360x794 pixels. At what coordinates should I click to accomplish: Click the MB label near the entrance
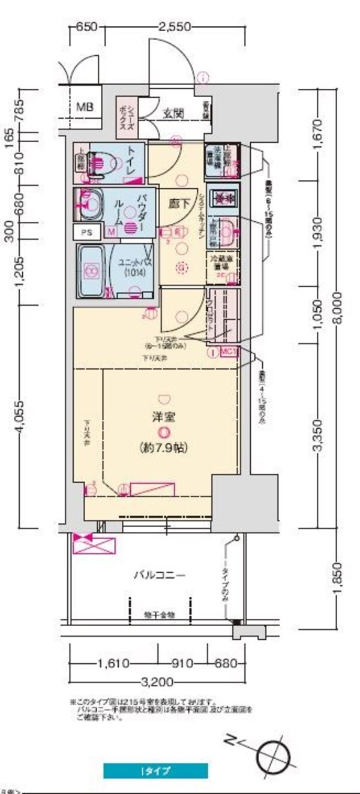click(85, 108)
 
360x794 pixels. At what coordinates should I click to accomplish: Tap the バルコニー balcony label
click(158, 575)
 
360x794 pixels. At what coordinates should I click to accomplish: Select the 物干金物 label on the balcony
click(158, 615)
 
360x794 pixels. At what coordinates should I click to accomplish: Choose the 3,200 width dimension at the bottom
click(158, 681)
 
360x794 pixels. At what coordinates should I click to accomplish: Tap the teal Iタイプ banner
click(155, 771)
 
